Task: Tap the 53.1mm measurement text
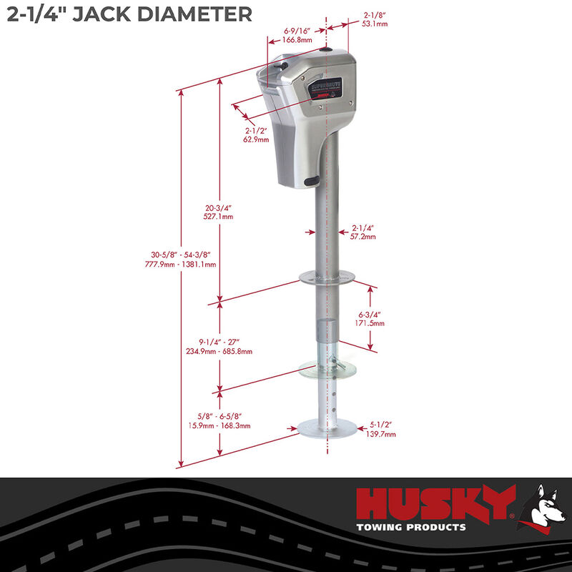pos(375,24)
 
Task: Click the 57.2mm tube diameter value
pos(363,236)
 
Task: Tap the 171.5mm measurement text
pos(371,323)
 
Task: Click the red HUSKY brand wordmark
pos(436,503)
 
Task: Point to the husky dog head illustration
pos(543,508)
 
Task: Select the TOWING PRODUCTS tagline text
pos(411,528)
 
